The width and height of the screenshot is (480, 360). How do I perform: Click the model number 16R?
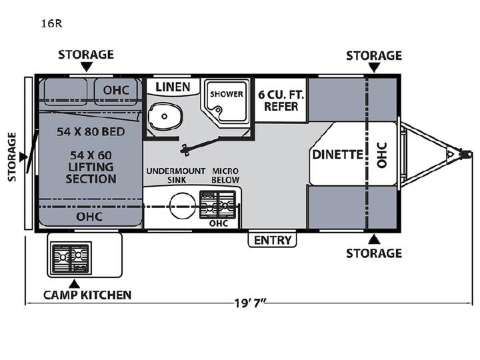pos(52,23)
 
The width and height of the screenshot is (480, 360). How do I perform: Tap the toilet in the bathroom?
pos(165,117)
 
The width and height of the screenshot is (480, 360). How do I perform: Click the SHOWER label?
pos(226,94)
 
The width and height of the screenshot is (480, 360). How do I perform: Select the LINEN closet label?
pos(173,87)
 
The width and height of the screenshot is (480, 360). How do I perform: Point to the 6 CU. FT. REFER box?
pos(281,101)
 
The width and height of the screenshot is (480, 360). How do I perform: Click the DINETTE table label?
pos(337,155)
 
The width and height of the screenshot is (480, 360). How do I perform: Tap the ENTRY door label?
pos(273,240)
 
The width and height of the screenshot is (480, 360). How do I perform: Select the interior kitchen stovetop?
pos(217,205)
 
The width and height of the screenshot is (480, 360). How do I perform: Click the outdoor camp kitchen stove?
pos(71,259)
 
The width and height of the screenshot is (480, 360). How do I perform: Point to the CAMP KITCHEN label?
pos(87,295)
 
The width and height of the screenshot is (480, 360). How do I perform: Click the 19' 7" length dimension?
pos(250,303)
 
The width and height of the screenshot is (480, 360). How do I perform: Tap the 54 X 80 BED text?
pos(91,131)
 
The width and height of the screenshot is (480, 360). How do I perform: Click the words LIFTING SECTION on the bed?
pos(91,173)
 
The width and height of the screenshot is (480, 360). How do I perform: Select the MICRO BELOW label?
pos(225,175)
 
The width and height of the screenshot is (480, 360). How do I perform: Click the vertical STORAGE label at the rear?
pos(11,157)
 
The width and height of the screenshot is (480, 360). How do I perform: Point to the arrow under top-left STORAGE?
pos(87,67)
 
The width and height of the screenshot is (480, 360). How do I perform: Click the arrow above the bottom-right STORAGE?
pos(374,239)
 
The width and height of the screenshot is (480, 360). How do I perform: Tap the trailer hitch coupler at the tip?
pos(466,154)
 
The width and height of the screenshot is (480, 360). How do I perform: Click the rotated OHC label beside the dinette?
pos(382,155)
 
